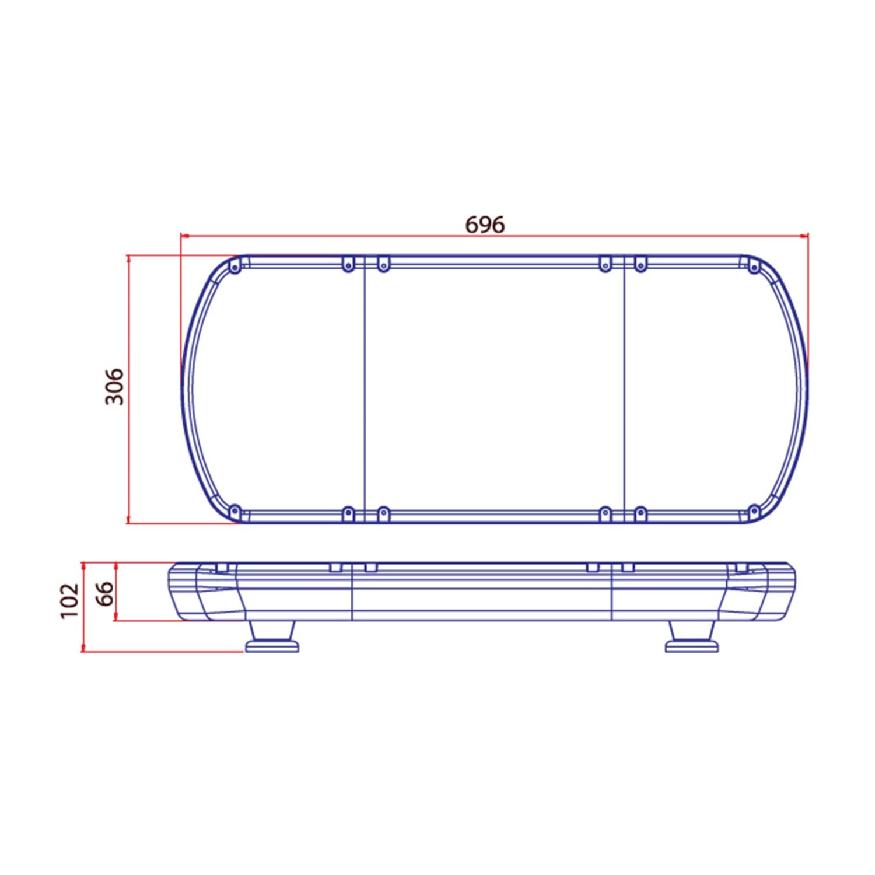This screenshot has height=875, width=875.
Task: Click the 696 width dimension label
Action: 485,225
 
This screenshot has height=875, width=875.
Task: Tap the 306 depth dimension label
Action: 114,386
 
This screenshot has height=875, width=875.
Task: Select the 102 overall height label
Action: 69,600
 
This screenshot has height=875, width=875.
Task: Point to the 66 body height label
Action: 104,593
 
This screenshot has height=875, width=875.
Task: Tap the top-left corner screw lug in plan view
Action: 235,267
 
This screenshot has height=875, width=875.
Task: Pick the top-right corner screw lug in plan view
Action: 754,267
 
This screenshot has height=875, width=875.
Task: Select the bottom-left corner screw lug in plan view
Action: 235,512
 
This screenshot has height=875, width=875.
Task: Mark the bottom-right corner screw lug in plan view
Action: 754,512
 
